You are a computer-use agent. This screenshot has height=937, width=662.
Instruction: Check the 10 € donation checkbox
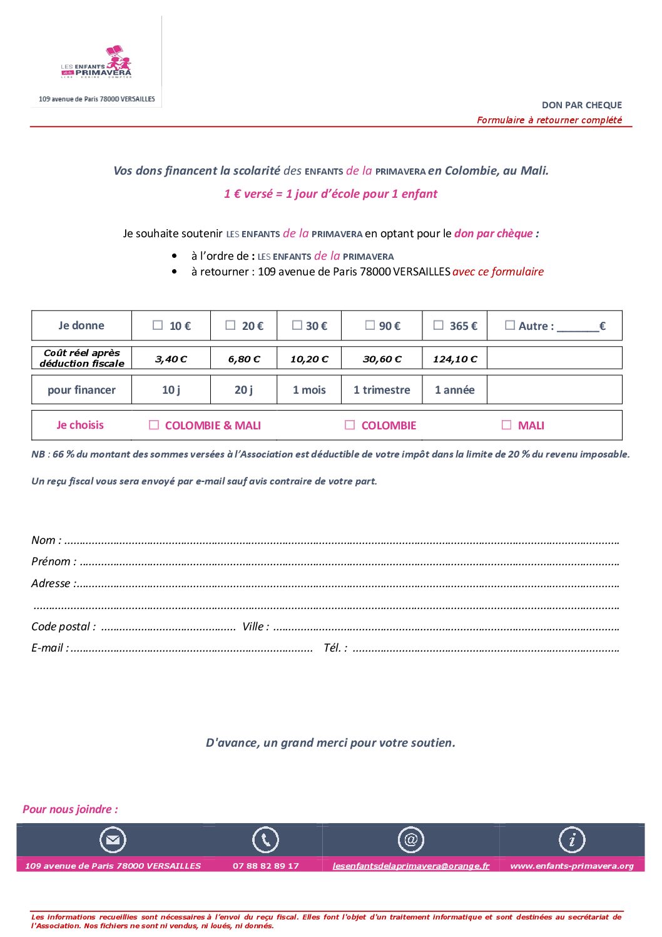tap(158, 325)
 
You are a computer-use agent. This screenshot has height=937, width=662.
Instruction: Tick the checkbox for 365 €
tap(439, 325)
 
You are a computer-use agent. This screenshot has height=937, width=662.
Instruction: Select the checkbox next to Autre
tap(510, 325)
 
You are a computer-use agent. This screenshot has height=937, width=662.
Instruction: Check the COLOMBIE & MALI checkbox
tap(154, 425)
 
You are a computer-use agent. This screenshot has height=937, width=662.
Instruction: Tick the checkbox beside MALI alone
tap(507, 425)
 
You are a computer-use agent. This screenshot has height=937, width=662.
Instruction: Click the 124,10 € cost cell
tap(455, 359)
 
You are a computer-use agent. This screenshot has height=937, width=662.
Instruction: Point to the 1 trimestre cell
tap(382, 390)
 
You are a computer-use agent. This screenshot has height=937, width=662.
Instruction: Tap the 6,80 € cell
tap(244, 359)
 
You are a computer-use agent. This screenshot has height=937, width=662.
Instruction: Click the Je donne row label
tap(81, 325)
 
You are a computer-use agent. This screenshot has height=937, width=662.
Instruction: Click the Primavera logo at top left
tap(97, 63)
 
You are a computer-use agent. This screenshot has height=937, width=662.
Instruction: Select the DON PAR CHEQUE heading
tap(582, 105)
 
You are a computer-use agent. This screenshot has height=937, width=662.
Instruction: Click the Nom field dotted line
tap(341, 541)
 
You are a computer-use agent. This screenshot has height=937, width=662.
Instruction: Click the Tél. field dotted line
tap(486, 649)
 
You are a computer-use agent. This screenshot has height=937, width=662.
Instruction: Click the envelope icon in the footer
tap(113, 840)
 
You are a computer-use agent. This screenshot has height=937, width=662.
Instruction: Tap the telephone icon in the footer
tap(265, 840)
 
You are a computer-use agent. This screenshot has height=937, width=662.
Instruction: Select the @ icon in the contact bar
tap(411, 840)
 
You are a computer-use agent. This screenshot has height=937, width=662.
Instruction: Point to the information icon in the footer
tap(572, 840)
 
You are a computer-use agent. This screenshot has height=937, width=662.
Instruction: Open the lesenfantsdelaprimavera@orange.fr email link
tap(411, 866)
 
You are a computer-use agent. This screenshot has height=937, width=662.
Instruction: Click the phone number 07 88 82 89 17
tap(266, 866)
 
